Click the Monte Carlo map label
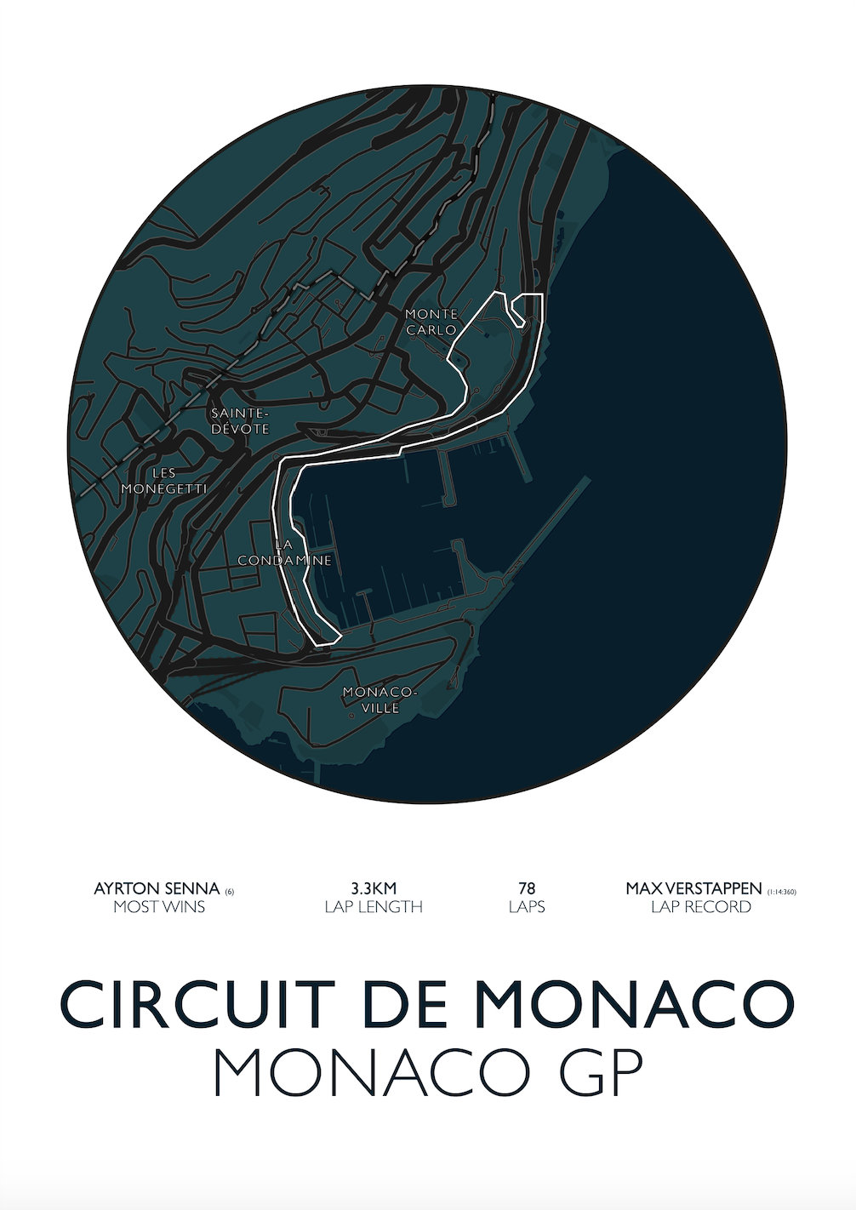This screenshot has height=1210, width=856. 431,322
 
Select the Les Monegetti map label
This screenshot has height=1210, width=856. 163,481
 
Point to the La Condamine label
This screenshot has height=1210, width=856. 284,552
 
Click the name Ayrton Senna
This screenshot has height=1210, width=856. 157,888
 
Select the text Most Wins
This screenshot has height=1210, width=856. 159,907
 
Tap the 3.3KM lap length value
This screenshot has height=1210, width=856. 374,888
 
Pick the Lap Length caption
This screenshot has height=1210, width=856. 374,907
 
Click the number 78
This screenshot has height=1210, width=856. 527,888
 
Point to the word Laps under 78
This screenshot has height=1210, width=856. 527,907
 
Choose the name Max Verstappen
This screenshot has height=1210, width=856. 693,888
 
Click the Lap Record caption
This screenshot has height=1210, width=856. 701,907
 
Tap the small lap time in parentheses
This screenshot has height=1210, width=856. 781,892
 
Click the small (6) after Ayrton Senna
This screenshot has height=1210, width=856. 230,892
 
